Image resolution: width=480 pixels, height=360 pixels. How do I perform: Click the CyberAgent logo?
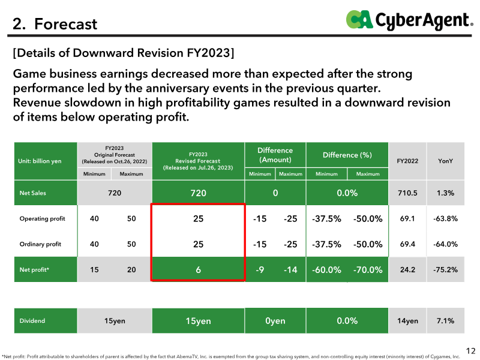[x=409, y=20]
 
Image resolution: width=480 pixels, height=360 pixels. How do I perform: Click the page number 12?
[x=470, y=351]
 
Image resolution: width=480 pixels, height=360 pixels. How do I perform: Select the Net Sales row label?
[x=33, y=193]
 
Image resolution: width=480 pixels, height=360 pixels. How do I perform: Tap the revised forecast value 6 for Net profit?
[x=198, y=269]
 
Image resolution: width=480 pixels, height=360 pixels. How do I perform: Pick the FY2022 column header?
[x=407, y=161]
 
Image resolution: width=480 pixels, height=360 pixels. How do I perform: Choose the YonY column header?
[x=445, y=161]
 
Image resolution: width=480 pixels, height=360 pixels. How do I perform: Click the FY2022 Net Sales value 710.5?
[x=407, y=193]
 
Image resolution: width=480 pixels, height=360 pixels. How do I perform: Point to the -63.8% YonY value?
[x=445, y=218]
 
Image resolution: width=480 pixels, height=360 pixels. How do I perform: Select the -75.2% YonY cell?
[x=445, y=269]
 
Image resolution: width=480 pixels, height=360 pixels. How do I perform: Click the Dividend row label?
[x=32, y=321]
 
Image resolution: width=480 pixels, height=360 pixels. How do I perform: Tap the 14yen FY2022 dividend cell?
[x=407, y=321]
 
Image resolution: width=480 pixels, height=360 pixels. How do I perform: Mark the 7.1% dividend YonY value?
[x=445, y=321]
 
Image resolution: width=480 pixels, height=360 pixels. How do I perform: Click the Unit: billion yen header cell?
[x=40, y=161]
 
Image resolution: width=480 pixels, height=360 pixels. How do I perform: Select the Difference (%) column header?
[x=347, y=155]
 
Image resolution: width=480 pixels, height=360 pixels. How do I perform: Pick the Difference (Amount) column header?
[x=275, y=155]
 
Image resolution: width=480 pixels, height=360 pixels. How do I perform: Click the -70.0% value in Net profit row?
[x=368, y=269]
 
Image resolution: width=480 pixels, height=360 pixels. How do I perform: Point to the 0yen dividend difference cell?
[x=275, y=321]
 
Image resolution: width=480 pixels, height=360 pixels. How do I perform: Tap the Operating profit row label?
[x=42, y=218]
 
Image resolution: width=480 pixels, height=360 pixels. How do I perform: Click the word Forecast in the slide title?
[x=65, y=24]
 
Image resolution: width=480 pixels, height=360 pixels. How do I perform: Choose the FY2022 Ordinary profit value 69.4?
[x=407, y=244]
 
